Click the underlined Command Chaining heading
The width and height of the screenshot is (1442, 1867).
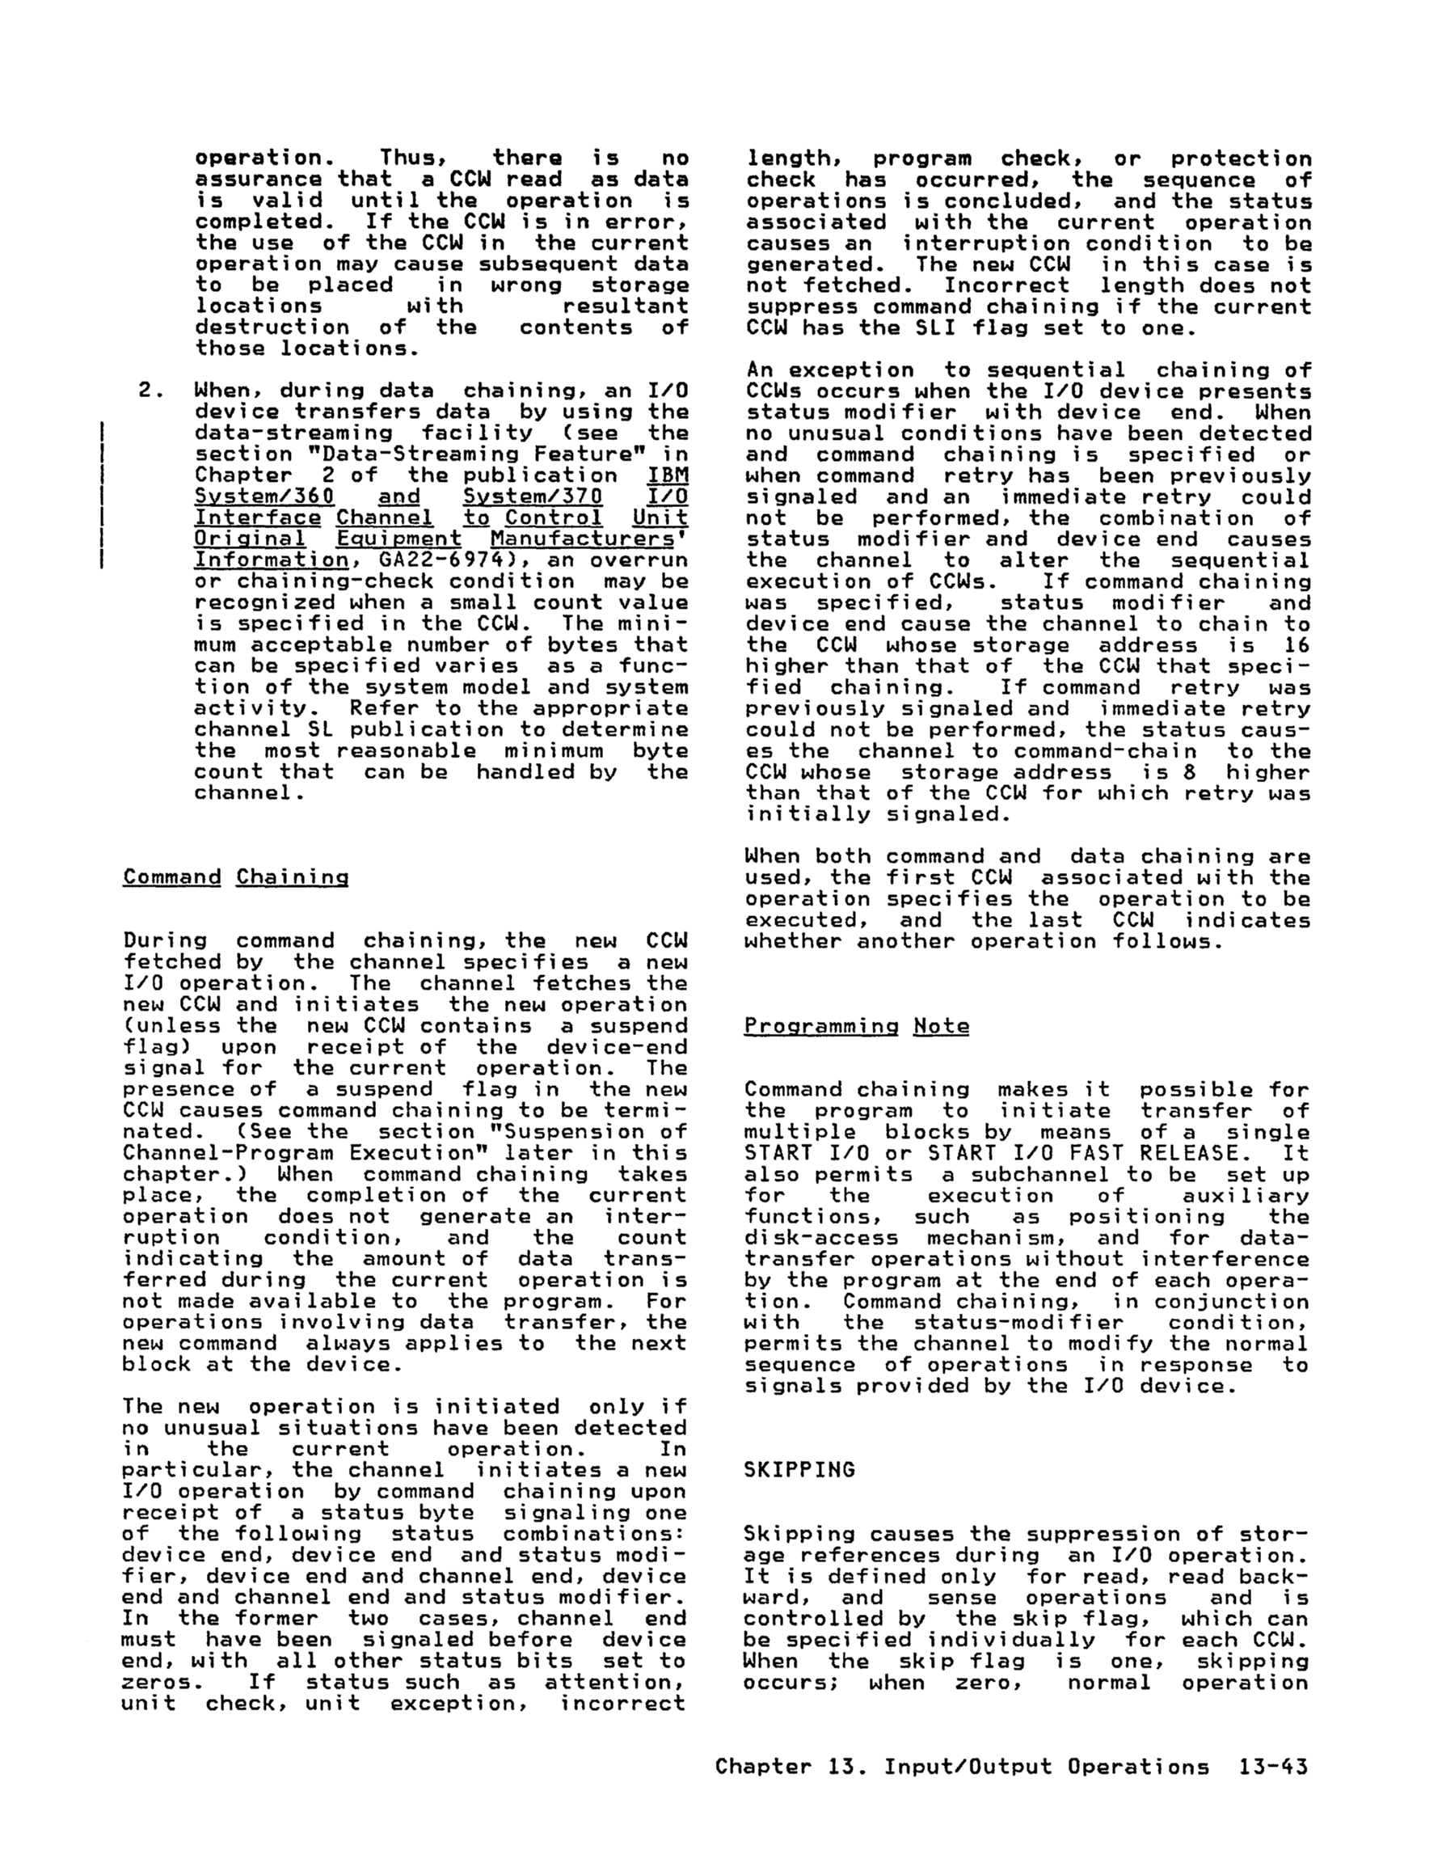pyautogui.click(x=236, y=877)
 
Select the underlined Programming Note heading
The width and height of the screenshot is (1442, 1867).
pyautogui.click(x=857, y=1026)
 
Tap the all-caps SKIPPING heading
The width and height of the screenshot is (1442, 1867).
pyautogui.click(x=799, y=1469)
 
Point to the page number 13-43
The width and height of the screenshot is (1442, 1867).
pyautogui.click(x=1273, y=1766)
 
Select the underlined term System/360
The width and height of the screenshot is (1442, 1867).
pyautogui.click(x=264, y=496)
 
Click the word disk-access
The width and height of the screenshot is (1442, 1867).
pyautogui.click(x=820, y=1238)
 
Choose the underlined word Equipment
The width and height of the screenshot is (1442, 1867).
pyautogui.click(x=398, y=539)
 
